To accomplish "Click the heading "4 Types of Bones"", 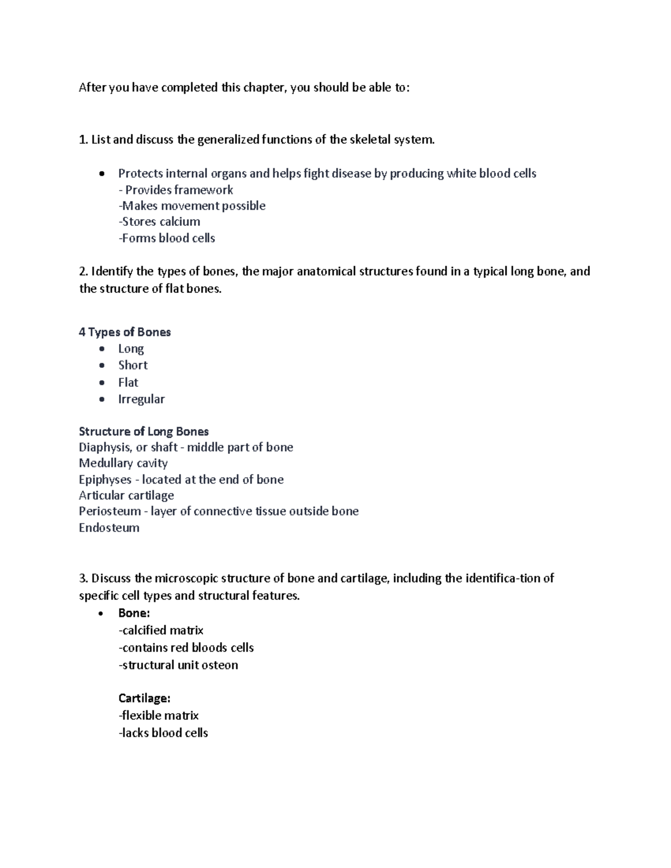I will click(x=125, y=332).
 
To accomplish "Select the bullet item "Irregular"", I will click(x=141, y=399).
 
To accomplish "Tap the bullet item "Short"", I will click(x=133, y=365).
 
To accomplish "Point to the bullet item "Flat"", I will click(x=128, y=382).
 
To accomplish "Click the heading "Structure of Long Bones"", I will click(x=144, y=431).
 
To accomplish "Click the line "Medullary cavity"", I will click(x=123, y=463).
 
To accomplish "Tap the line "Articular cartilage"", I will click(x=126, y=495).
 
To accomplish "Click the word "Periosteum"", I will click(x=110, y=511).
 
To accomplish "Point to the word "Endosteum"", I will click(x=109, y=528).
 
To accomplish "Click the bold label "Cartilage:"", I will click(x=144, y=698).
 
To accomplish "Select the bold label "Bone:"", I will click(x=134, y=613).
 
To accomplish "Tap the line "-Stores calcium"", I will click(x=159, y=222).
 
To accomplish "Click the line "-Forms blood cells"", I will click(x=167, y=238).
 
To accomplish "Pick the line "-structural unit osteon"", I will click(x=178, y=665).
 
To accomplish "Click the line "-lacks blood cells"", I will click(x=163, y=733).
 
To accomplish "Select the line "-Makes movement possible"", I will click(x=192, y=206).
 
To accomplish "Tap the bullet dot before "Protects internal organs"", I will click(x=101, y=174).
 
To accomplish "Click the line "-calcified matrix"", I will click(x=161, y=630).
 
